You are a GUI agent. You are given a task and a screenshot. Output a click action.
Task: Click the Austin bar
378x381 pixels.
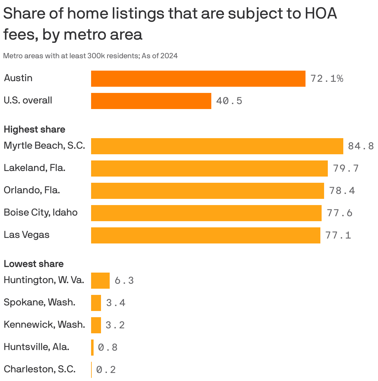point(198,79)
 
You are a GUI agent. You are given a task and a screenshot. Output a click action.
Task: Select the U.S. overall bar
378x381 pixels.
point(151,101)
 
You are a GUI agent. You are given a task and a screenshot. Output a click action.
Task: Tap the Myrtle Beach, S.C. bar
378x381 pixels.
point(217,146)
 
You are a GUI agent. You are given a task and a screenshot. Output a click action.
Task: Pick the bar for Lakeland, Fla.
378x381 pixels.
point(209,169)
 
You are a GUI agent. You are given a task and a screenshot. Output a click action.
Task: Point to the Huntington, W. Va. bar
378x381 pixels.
point(100,281)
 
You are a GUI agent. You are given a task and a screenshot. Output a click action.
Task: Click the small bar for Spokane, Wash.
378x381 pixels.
point(96,303)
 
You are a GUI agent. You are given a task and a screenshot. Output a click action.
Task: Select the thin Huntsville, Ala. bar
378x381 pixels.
point(92,348)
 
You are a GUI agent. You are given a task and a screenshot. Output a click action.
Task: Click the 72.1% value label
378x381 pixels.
point(327,79)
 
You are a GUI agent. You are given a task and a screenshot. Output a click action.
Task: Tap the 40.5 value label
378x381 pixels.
point(229,101)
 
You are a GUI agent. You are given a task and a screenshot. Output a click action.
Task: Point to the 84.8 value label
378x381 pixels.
point(361,146)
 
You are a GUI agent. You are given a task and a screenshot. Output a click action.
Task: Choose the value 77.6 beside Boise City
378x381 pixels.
point(340,213)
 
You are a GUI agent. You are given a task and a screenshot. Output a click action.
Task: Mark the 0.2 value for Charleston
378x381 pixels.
point(106,370)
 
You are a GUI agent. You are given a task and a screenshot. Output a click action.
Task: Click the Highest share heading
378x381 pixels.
point(34,129)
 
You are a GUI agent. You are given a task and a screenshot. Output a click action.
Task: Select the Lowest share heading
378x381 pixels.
point(33,264)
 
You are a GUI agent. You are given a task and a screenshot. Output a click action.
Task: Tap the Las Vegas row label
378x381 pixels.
point(26,235)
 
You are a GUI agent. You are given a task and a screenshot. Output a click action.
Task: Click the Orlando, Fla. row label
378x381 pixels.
point(32,190)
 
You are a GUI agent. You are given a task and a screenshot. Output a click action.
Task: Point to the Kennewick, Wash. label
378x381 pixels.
point(44,325)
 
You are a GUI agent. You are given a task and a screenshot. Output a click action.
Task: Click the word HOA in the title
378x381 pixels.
point(321,14)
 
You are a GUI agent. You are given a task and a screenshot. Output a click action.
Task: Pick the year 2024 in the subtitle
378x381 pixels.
point(169,56)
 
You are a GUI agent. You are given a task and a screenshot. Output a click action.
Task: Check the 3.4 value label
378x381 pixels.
point(116,303)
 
